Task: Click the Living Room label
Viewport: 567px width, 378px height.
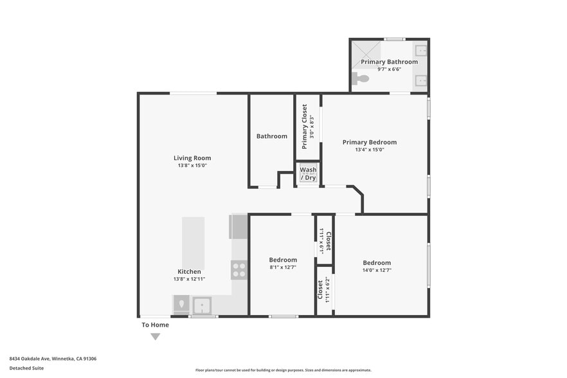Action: coord(192,158)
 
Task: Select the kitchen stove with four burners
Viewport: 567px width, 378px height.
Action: coord(239,270)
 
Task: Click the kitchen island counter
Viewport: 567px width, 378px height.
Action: coord(193,243)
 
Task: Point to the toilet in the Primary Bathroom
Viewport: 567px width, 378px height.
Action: coord(362,79)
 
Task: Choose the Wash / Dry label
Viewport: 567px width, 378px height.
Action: coord(308,174)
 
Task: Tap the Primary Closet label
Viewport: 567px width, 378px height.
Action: coord(305,127)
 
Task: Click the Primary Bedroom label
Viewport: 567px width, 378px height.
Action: coord(369,142)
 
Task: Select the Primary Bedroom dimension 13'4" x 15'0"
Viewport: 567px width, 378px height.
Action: coord(369,150)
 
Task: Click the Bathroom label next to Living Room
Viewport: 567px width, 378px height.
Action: coord(271,136)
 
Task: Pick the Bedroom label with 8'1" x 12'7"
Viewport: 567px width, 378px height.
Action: coord(282,260)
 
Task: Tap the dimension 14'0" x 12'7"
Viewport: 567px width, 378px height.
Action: coord(376,271)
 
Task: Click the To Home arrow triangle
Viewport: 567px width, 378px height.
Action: coord(155,336)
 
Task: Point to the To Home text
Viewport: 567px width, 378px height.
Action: coord(155,325)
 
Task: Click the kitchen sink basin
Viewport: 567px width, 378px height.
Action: coord(202,305)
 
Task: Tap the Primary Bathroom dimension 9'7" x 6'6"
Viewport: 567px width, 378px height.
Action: coord(389,68)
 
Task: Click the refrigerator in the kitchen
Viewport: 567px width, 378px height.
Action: coord(238,227)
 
